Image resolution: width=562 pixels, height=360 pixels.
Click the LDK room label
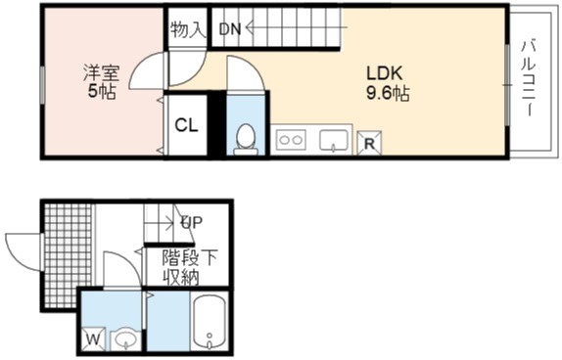point(384,73)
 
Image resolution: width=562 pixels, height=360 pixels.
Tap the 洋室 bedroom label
point(101,73)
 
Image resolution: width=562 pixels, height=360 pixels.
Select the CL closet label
point(186,125)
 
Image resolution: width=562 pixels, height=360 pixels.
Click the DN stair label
point(230,29)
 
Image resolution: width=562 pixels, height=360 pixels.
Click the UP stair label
point(191,223)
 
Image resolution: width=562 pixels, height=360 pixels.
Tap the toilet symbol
point(246,139)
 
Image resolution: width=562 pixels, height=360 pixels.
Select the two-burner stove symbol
point(291,140)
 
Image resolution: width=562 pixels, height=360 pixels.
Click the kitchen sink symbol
point(334,141)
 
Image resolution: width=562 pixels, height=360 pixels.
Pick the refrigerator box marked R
point(369,143)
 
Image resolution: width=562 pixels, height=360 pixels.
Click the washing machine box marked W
point(94,339)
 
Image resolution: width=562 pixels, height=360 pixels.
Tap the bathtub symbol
point(209,323)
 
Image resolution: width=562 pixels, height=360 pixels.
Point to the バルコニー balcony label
point(529,78)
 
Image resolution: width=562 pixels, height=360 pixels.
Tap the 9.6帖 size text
point(388,94)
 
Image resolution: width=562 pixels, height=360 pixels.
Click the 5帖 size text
point(102,92)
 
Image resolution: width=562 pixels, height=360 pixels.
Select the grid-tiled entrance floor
point(67,255)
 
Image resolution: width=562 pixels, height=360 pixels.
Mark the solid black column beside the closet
point(216,123)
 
